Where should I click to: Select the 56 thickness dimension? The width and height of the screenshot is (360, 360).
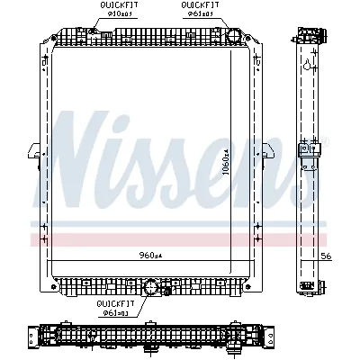coord(328,256)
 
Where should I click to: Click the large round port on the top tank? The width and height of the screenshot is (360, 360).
coord(232,37)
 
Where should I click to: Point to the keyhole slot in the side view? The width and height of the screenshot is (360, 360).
coord(308,66)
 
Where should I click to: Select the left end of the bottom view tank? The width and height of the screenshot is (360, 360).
coord(36,339)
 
